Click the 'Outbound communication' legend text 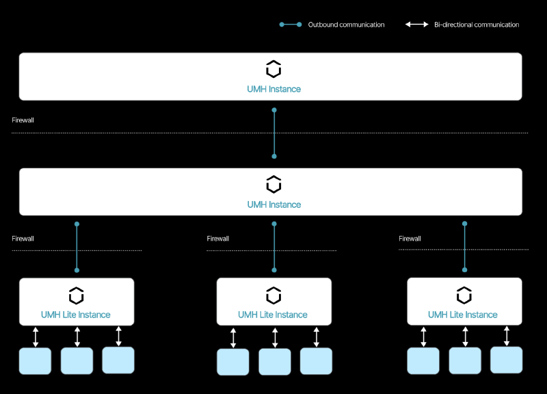pos(346,25)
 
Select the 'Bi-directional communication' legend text pos(477,25)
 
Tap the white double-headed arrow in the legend pos(416,25)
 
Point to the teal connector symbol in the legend pos(291,25)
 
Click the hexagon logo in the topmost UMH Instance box pos(273,69)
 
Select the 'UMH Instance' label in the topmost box pos(274,90)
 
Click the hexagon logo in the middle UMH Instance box pos(273,184)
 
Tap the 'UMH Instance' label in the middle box pos(274,205)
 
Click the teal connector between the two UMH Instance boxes pos(274,133)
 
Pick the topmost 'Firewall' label pos(23,120)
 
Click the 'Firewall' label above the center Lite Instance pos(217,239)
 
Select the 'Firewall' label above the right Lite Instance pos(410,239)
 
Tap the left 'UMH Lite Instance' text pos(76,315)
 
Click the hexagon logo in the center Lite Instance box pos(273,295)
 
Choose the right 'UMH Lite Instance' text pos(463,315)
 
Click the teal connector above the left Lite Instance pos(77,247)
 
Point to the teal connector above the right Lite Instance pos(465,247)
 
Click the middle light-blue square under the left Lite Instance pos(77,361)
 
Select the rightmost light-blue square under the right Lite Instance pos(506,360)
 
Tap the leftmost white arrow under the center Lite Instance pos(233,338)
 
